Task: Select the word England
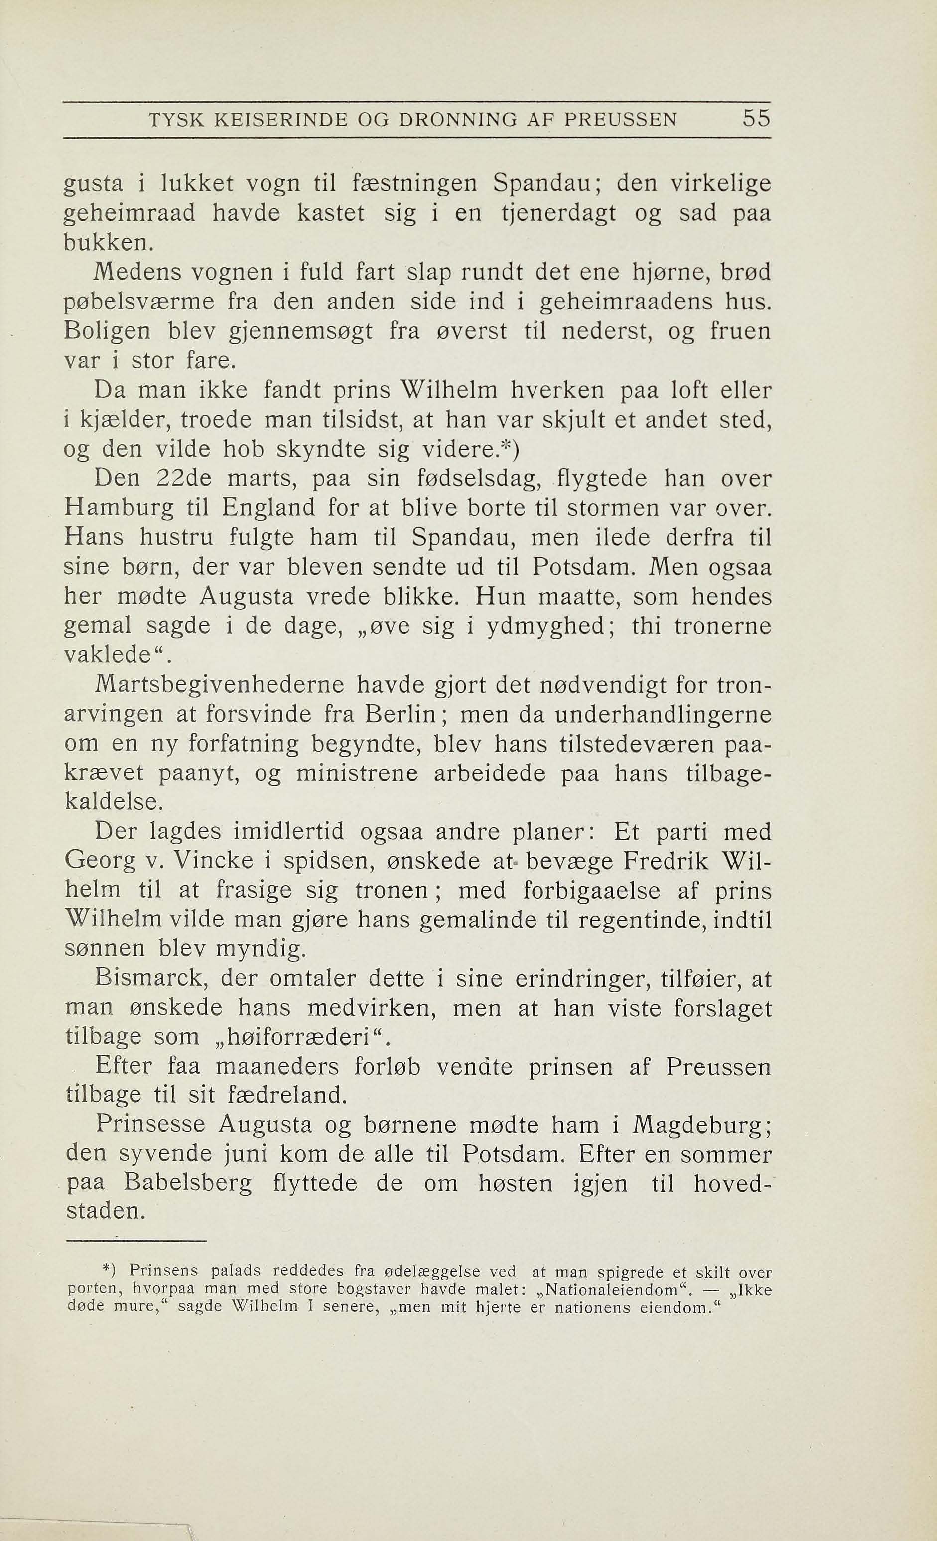(x=269, y=508)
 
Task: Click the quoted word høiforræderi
(x=298, y=1038)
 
